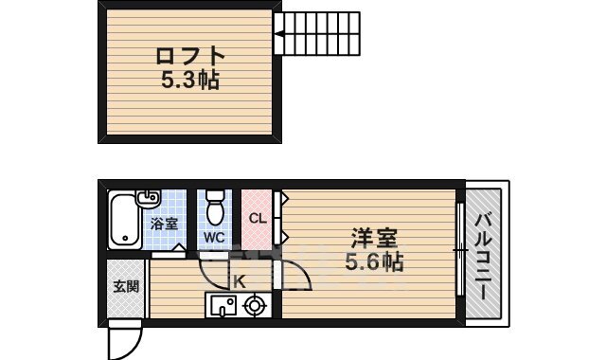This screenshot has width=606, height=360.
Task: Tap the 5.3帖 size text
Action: pyautogui.click(x=190, y=81)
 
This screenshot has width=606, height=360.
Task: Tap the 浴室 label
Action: pyautogui.click(x=164, y=225)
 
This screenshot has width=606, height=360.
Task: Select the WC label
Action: pyautogui.click(x=213, y=238)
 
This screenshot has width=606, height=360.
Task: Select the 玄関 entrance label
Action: pyautogui.click(x=125, y=285)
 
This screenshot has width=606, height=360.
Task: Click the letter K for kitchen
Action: pyautogui.click(x=239, y=281)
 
